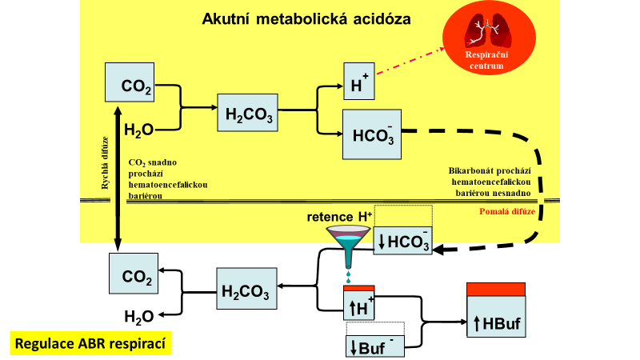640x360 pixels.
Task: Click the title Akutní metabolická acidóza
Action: tap(306, 18)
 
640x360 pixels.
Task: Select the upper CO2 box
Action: tap(131, 83)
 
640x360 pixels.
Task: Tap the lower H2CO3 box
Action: tap(247, 288)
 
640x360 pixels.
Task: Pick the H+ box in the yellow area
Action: tap(358, 82)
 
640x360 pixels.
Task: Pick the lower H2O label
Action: tap(138, 317)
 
